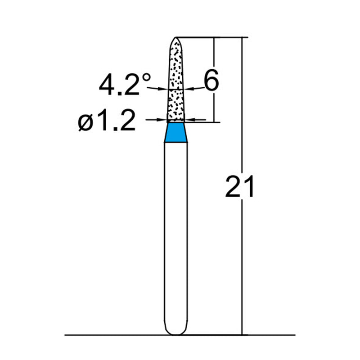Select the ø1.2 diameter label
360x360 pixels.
107,121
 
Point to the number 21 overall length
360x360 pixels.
239,187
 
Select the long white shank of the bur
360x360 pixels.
175,234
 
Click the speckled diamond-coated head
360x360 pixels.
175,81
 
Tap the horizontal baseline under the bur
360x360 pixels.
112,335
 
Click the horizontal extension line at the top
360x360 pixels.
211,37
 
